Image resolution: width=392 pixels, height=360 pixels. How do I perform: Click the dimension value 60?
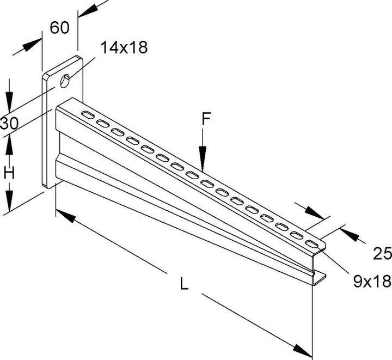pos(60,27)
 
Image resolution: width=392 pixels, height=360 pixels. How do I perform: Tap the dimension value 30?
pos(9,123)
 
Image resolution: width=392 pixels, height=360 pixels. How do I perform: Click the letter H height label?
pos(9,173)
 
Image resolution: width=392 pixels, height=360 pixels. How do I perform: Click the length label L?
pos(185,283)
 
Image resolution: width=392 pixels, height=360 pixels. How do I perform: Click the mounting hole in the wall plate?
pos(65,81)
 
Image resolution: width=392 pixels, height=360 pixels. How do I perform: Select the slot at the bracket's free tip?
pos(311,243)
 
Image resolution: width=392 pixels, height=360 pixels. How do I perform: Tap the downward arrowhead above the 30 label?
pos(9,103)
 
